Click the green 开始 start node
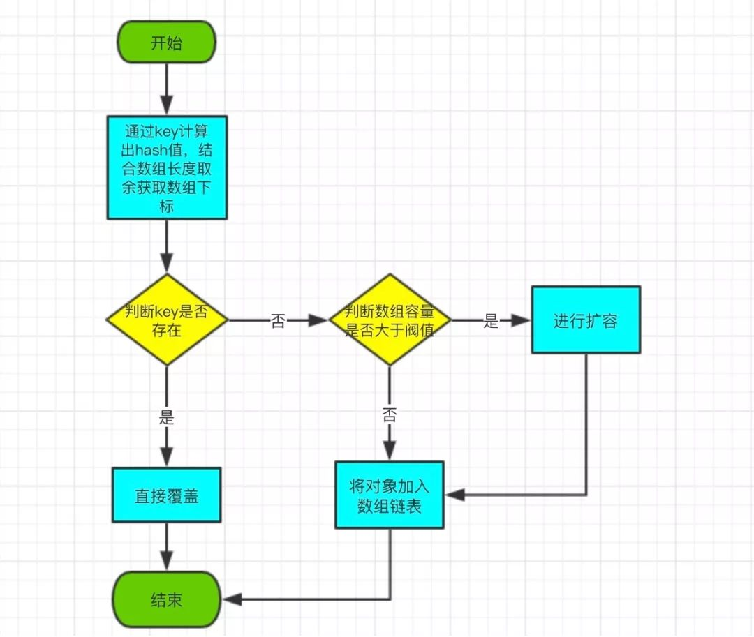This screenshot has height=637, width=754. click(x=167, y=43)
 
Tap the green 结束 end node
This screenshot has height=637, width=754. click(x=167, y=599)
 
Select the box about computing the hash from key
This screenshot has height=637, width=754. click(x=167, y=167)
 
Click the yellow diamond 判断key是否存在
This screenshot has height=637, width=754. click(x=167, y=320)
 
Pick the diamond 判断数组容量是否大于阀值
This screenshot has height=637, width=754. click(x=390, y=320)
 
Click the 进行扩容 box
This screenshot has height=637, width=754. click(x=586, y=320)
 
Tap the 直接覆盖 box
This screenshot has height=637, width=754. click(x=167, y=495)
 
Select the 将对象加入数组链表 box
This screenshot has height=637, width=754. click(x=390, y=495)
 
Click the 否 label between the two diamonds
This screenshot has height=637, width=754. click(x=279, y=320)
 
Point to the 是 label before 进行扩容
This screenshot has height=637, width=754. click(x=491, y=320)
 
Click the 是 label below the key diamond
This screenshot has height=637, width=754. click(x=167, y=417)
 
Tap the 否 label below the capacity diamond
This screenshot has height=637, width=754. click(x=390, y=414)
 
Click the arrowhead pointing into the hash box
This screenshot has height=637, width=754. click(x=167, y=105)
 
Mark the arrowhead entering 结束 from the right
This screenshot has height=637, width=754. click(x=232, y=599)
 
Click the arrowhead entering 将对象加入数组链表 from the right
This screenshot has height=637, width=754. click(x=455, y=495)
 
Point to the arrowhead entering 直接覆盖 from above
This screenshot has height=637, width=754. click(x=167, y=457)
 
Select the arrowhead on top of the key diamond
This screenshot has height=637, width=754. click(x=167, y=264)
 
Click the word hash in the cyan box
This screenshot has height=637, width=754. click(x=151, y=151)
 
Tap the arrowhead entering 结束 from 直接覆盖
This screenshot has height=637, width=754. click(x=167, y=561)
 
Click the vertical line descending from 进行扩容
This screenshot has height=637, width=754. click(x=586, y=424)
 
